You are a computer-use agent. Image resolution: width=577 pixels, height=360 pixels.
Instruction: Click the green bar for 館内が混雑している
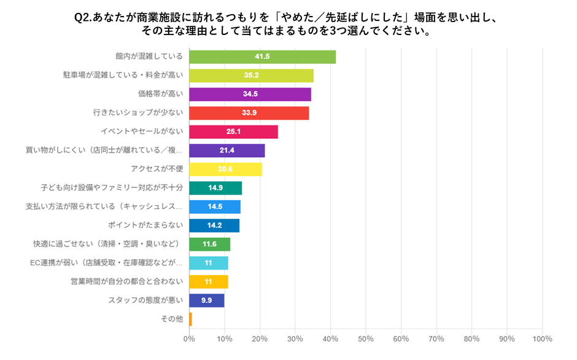[262, 57]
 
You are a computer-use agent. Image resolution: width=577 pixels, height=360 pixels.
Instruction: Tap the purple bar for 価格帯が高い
[250, 95]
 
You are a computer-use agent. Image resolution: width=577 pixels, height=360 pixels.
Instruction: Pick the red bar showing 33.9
[249, 113]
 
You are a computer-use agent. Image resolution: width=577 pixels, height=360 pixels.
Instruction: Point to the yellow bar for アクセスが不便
[225, 170]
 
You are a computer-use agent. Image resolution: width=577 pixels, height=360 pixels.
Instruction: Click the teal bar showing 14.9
[215, 188]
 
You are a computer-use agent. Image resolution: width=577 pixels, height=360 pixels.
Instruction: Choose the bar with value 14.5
[214, 207]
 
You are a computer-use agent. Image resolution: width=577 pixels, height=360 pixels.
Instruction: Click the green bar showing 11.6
[209, 245]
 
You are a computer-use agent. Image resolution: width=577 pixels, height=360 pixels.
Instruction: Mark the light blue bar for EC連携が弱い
[208, 263]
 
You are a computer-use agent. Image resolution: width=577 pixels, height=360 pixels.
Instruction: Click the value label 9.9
[206, 300]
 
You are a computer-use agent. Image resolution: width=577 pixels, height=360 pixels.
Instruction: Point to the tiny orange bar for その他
[190, 319]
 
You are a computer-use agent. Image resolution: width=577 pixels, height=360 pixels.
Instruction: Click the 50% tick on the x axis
[366, 338]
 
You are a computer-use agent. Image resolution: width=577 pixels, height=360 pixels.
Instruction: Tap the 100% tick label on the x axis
[542, 338]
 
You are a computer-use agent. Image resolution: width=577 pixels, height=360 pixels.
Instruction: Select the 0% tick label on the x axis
[189, 338]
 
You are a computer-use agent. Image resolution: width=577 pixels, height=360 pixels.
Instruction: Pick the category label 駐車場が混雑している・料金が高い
[123, 76]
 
